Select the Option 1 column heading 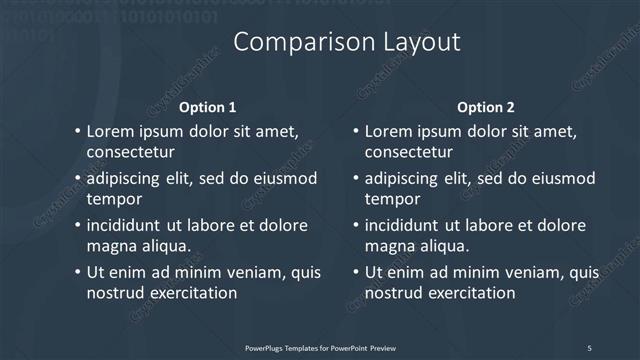click(207, 107)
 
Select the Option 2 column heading click(486, 107)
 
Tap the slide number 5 click(589, 347)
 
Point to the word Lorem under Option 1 click(110, 131)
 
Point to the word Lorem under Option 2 click(388, 131)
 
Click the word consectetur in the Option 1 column click(131, 153)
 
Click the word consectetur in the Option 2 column click(409, 153)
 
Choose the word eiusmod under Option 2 click(565, 178)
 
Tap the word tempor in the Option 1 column click(112, 199)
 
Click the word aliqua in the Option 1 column click(166, 246)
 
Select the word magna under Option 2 click(389, 246)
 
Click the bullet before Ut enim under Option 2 click(355, 272)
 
